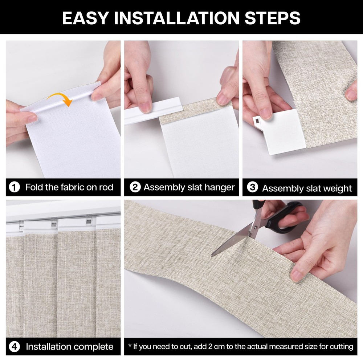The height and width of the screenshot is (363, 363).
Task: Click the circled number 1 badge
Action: pos(14,188)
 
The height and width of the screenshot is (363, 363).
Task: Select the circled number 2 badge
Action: pos(135,188)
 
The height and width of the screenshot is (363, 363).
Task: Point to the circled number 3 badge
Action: pos(252,188)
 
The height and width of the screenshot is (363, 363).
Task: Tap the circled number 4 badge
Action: pos(14,347)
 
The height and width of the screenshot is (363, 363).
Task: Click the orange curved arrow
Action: pos(60,98)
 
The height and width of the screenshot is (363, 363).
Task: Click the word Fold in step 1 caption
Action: pos(33,188)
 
